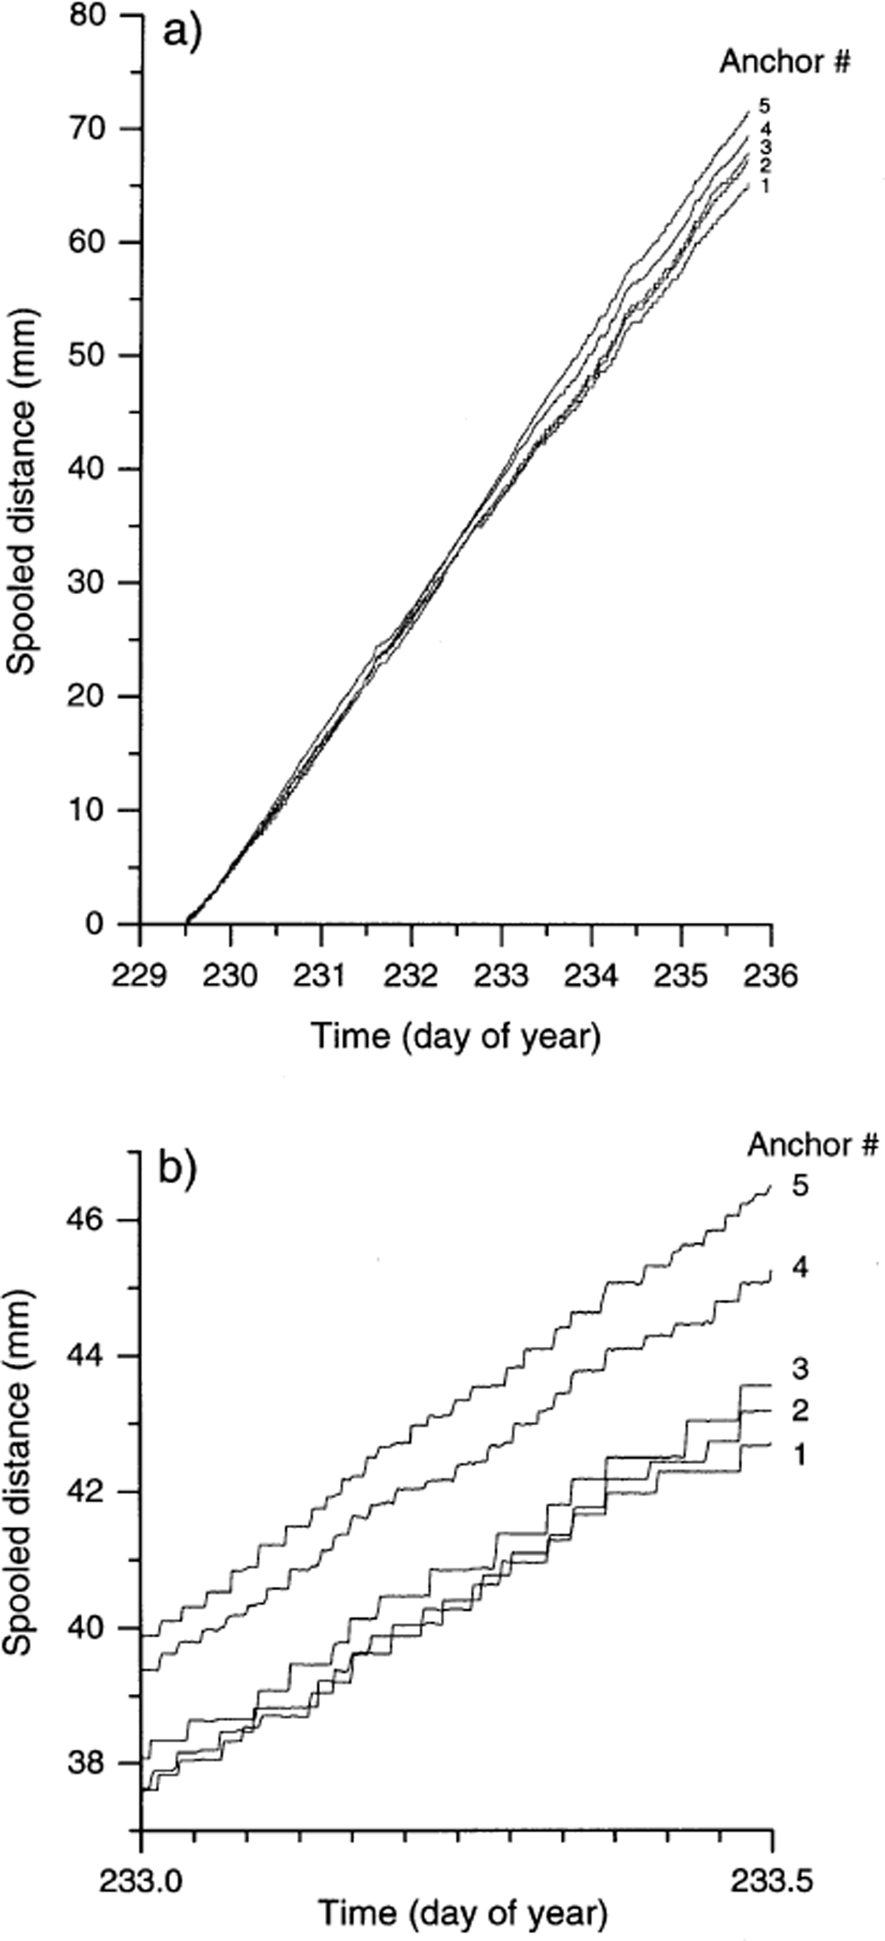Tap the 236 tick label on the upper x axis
pyautogui.click(x=770, y=976)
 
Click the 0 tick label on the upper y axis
pyautogui.click(x=94, y=924)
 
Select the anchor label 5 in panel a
pyautogui.click(x=764, y=106)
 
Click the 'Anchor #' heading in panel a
pyautogui.click(x=784, y=63)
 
